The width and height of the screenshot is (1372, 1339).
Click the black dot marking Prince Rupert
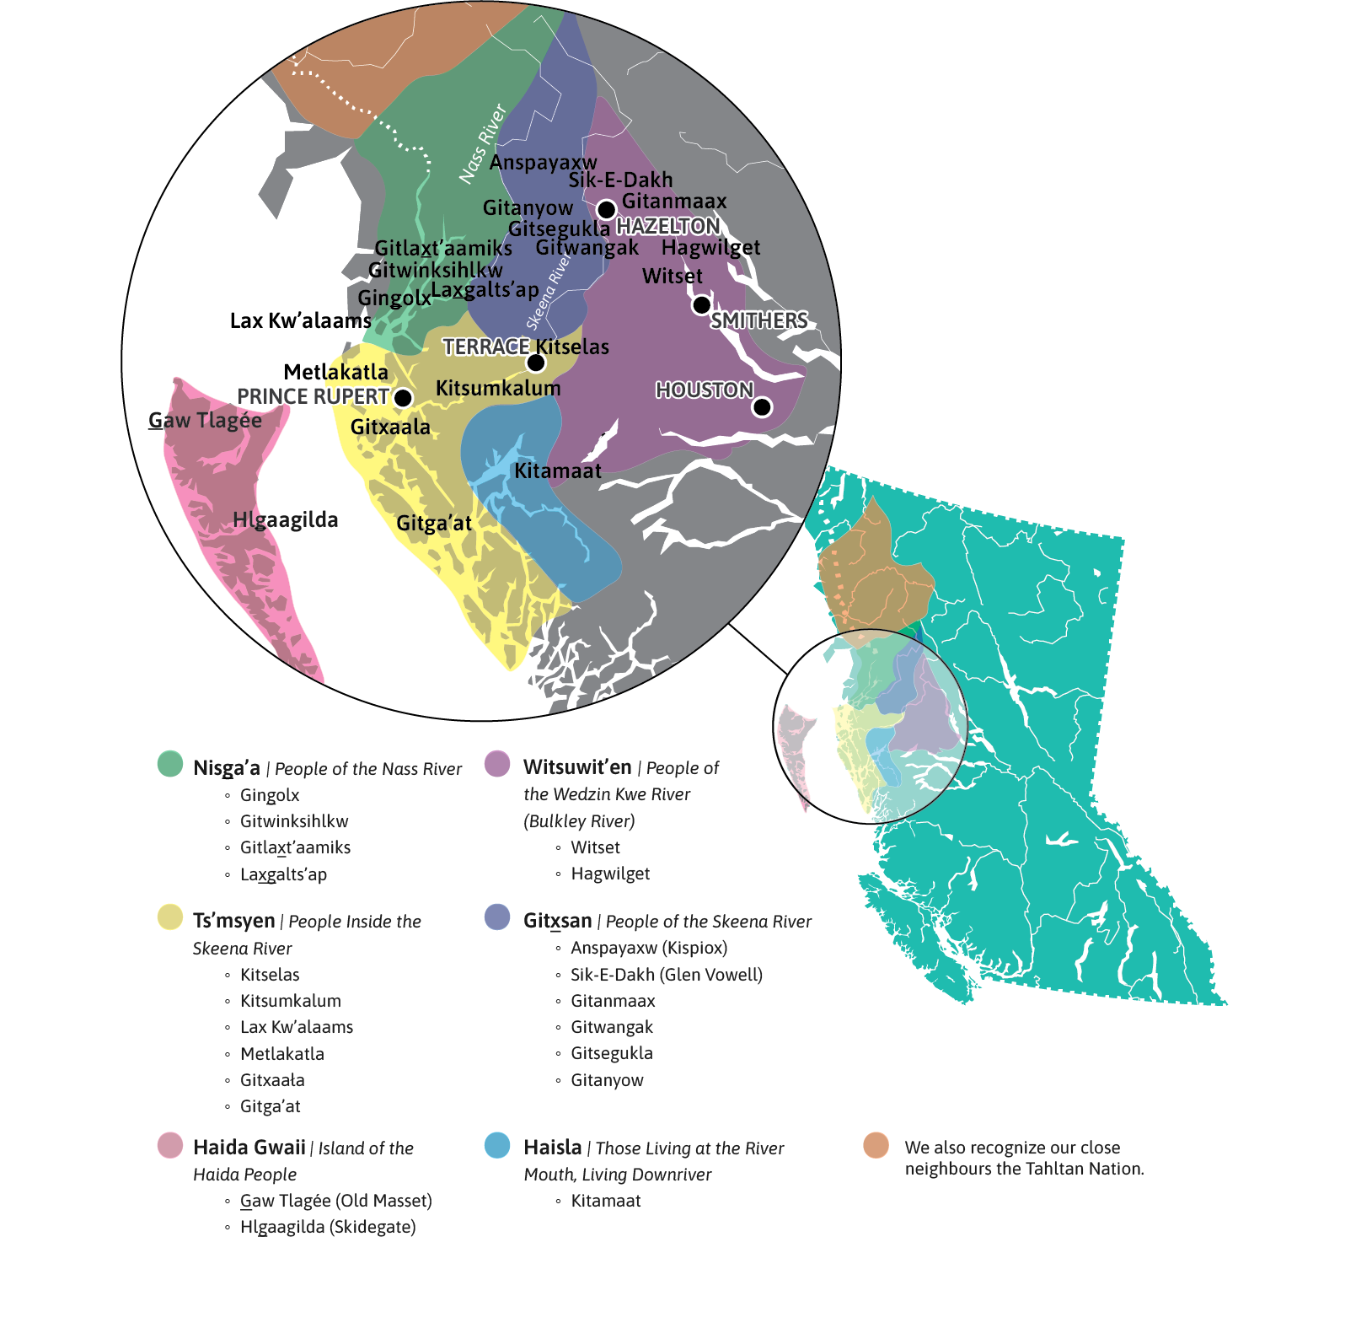coord(404,398)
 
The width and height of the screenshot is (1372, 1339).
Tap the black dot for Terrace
coord(536,363)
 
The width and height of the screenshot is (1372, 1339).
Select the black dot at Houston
coord(762,407)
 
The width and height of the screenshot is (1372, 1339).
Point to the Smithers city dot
coord(701,305)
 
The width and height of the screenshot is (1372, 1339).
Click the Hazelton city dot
coord(606,209)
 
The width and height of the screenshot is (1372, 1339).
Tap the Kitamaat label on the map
coord(558,471)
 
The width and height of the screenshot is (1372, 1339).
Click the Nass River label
coord(482,143)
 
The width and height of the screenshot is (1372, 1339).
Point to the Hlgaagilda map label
coord(285,520)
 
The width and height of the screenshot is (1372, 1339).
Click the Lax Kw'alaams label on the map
coord(300,321)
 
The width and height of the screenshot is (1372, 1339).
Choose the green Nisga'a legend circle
coord(170,764)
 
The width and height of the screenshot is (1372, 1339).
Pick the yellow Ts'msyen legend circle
coord(170,917)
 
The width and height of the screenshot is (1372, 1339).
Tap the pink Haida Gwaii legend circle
coord(170,1145)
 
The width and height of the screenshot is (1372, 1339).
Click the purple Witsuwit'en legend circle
coord(498,764)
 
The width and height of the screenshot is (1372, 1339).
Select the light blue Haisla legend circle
coord(498,1145)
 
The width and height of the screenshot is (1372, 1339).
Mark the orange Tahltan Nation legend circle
coord(876,1145)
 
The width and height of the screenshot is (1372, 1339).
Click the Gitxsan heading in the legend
coord(557,921)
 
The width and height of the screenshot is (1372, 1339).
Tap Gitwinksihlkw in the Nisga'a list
coord(294,821)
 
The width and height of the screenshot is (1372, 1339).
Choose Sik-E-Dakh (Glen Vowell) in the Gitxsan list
coord(666,975)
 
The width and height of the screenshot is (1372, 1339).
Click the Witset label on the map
coord(672,277)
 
